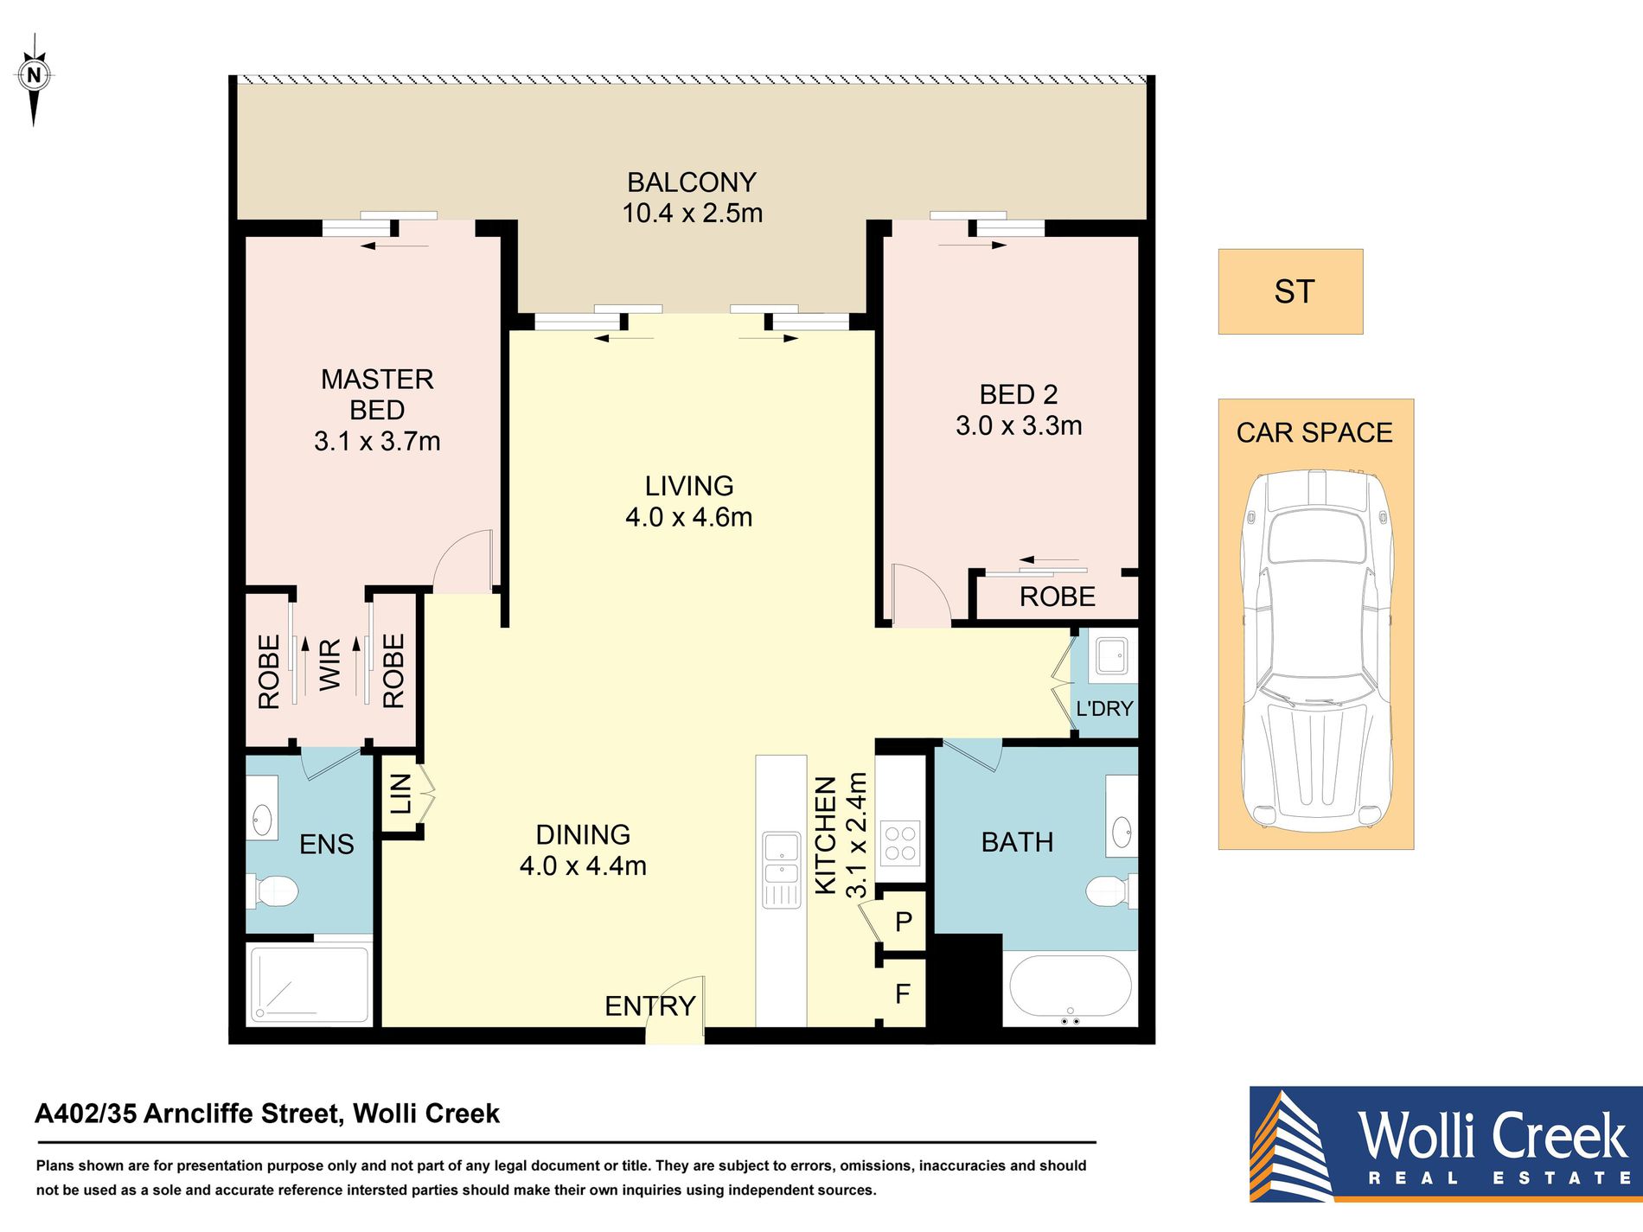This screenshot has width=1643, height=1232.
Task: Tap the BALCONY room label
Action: (x=692, y=182)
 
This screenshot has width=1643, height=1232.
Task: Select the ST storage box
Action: (x=1290, y=291)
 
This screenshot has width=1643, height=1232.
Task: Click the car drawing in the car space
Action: (x=1316, y=651)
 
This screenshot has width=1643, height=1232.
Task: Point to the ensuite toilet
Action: (x=273, y=891)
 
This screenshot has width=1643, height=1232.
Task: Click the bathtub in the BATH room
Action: (x=1070, y=990)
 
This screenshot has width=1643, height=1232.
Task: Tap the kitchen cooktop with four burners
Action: (x=900, y=844)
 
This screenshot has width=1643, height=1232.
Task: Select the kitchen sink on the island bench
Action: (x=782, y=870)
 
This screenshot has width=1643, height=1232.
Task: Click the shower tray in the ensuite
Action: (x=310, y=984)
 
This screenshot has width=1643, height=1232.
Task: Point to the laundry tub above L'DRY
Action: (x=1112, y=656)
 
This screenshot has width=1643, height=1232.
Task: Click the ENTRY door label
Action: (x=650, y=1006)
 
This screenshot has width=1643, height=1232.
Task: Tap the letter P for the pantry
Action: (x=904, y=922)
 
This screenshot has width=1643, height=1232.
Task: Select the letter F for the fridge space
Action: (x=903, y=994)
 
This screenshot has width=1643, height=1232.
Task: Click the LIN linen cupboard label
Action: (x=400, y=795)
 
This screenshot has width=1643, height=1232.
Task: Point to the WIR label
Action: (x=330, y=664)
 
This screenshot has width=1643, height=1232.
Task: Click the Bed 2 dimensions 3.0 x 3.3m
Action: (x=1019, y=425)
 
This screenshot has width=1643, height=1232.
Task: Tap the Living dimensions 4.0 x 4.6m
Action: (x=689, y=517)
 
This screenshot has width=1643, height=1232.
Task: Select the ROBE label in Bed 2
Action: (x=1057, y=597)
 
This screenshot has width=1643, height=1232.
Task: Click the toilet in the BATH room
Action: (x=1110, y=890)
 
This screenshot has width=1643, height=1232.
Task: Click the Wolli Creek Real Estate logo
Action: (x=1446, y=1144)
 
